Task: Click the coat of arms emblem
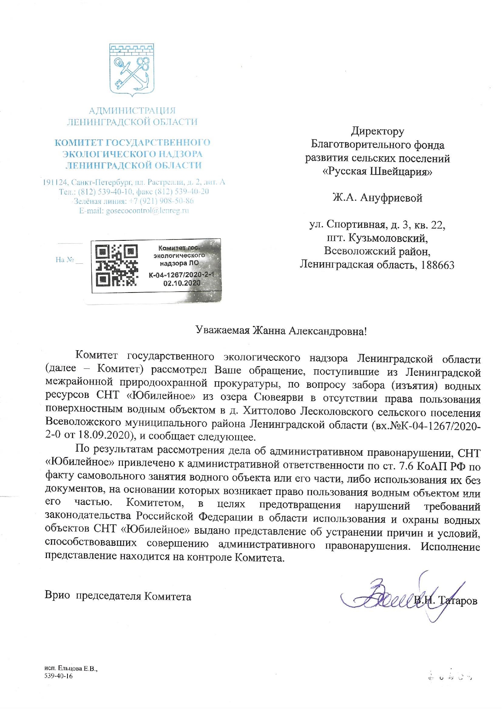click(x=132, y=69)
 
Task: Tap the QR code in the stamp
click(x=116, y=265)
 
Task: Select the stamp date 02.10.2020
click(x=181, y=283)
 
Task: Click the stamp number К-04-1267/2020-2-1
click(x=181, y=275)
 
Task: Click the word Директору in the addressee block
click(x=377, y=131)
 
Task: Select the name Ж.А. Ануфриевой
click(x=377, y=198)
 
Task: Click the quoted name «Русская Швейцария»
click(x=377, y=171)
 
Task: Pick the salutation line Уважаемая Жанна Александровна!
click(x=281, y=331)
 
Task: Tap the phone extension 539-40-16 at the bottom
click(x=59, y=676)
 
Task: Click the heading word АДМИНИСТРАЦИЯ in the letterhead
click(x=132, y=110)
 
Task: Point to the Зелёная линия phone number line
click(x=133, y=201)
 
